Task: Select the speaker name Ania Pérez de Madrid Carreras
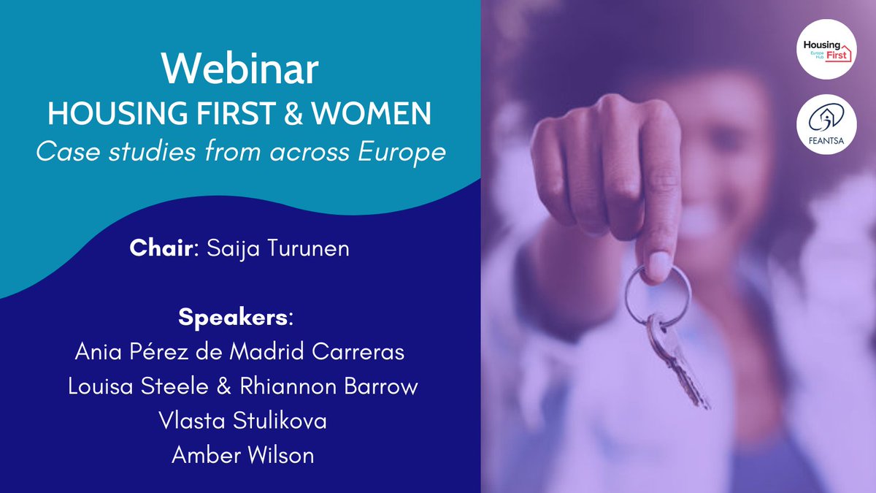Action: coord(239,352)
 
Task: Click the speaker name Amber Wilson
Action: coord(242,454)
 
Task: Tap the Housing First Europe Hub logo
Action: coord(826,49)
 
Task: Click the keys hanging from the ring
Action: coord(675,358)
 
